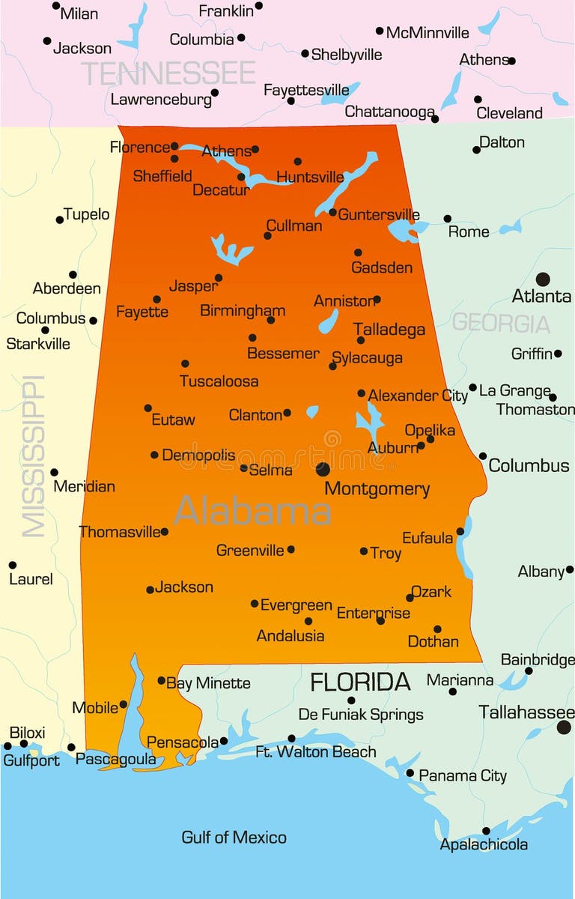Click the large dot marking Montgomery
click(323, 469)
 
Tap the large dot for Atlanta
click(543, 279)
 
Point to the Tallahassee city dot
click(564, 727)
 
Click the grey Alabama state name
click(252, 511)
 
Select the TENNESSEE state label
click(168, 73)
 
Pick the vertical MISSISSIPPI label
click(33, 456)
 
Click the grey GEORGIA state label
click(501, 323)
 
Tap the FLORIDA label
click(360, 682)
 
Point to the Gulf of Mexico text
click(234, 837)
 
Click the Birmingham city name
click(243, 310)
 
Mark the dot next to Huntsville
click(298, 161)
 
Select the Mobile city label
click(95, 707)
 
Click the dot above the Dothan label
click(437, 629)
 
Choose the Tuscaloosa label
click(219, 381)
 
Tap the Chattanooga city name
click(389, 112)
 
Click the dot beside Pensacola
click(224, 741)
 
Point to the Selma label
click(271, 470)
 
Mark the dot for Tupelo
click(60, 220)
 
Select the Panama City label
click(462, 775)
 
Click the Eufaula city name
click(428, 538)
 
